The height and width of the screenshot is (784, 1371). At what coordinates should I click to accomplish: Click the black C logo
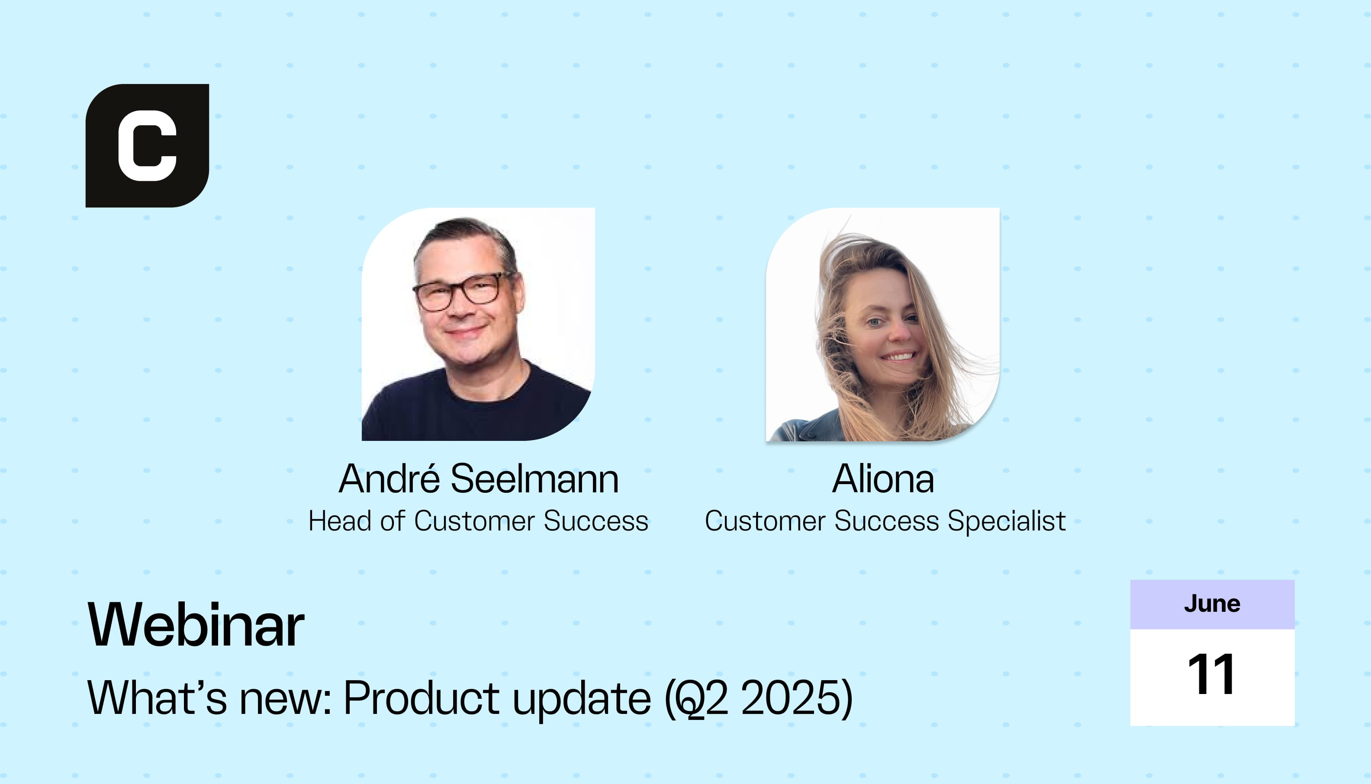pyautogui.click(x=147, y=145)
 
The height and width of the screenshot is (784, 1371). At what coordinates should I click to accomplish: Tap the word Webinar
pyautogui.click(x=196, y=625)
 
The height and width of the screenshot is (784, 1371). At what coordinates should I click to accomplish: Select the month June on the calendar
pyautogui.click(x=1212, y=604)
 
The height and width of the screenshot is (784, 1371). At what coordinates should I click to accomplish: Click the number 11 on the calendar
pyautogui.click(x=1212, y=674)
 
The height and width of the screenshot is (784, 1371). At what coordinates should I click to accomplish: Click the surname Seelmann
pyautogui.click(x=535, y=478)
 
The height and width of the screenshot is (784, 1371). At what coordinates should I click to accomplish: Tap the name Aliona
pyautogui.click(x=883, y=478)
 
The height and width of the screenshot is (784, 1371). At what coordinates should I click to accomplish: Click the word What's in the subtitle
pyautogui.click(x=157, y=698)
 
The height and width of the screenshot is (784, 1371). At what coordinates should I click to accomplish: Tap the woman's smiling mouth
pyautogui.click(x=898, y=357)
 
